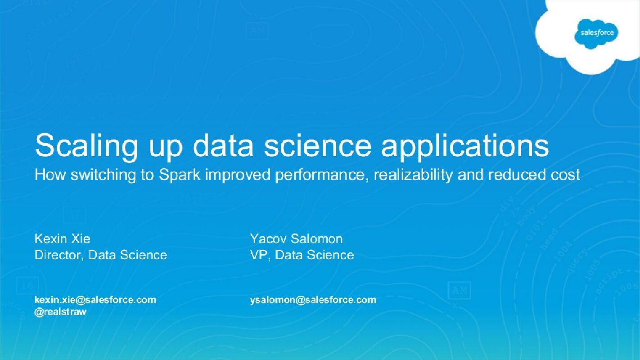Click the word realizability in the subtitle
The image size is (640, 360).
click(x=414, y=175)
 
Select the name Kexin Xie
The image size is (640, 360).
click(x=62, y=238)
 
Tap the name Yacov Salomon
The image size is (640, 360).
click(x=296, y=238)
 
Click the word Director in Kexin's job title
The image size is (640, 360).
click(x=59, y=255)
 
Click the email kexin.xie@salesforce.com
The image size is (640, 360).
click(x=95, y=300)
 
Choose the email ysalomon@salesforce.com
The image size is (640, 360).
click(x=313, y=300)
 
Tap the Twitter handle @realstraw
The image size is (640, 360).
click(x=60, y=311)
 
